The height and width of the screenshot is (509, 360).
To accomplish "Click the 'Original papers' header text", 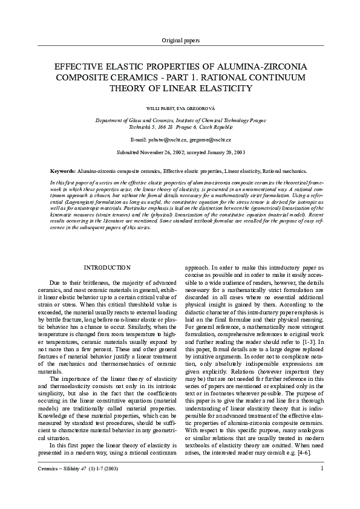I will pos(180,40).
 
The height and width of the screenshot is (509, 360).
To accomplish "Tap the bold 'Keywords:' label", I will pos(63,171).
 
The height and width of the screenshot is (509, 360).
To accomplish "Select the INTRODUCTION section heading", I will pos(106,267).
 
